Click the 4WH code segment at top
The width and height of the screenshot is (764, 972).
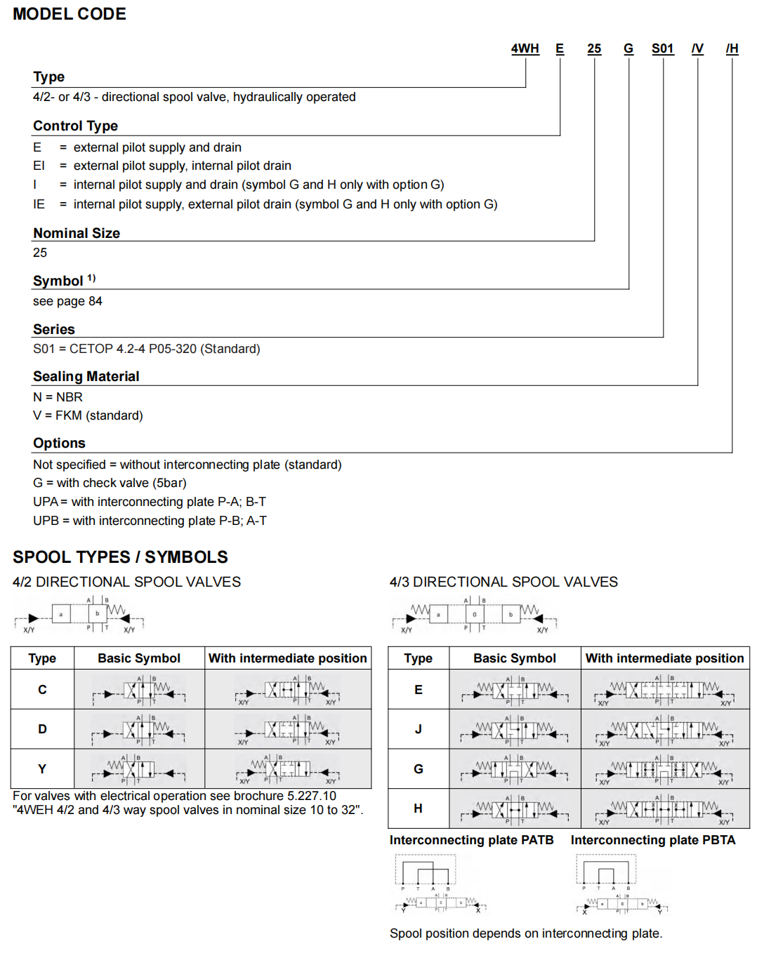(525, 48)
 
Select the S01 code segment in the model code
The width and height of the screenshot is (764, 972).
(662, 48)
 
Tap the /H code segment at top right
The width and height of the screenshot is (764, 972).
(732, 48)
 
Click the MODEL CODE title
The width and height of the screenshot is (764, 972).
(70, 14)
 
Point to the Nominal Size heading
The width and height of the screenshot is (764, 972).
(77, 233)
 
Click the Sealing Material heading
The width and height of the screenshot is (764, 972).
(86, 376)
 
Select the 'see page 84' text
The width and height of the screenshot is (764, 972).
(67, 301)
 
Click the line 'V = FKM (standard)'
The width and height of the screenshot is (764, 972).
(88, 415)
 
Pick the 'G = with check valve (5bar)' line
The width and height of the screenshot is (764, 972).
(110, 483)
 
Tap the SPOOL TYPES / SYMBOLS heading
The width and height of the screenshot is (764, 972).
(120, 557)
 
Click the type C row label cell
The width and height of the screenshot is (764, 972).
(42, 690)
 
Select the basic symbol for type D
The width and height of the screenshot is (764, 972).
(139, 730)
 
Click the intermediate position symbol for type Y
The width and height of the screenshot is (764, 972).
(288, 769)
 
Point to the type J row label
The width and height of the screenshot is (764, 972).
(418, 729)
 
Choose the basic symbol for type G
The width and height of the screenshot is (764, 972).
(515, 769)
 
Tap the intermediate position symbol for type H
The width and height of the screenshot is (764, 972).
(665, 809)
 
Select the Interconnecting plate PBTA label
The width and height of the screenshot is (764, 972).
(652, 840)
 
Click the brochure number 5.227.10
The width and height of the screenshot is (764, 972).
(312, 796)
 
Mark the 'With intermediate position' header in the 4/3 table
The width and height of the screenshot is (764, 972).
(664, 658)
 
